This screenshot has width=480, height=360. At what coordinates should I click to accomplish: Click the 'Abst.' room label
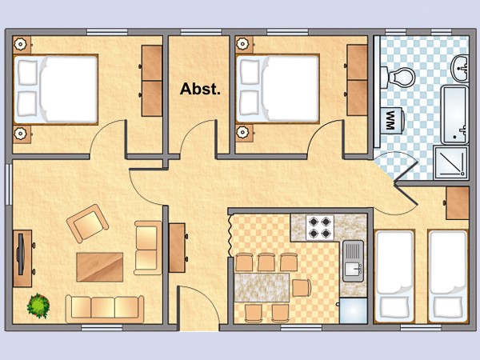click(x=200, y=89)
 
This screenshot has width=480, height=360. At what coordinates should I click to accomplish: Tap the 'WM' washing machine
click(x=393, y=120)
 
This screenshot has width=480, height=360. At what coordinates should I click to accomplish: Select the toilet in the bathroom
click(x=398, y=76)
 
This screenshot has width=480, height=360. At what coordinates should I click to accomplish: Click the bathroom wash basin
click(x=460, y=68)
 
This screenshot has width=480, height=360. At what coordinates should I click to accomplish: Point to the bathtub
click(x=454, y=114)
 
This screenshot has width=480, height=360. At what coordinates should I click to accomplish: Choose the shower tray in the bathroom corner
click(x=451, y=162)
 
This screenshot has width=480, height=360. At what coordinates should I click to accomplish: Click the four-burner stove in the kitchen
click(x=319, y=227)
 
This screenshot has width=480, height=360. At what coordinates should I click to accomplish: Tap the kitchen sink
click(x=353, y=261)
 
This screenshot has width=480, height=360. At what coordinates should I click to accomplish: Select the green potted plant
click(x=38, y=306)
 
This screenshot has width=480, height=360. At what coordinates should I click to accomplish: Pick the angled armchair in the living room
click(x=87, y=223)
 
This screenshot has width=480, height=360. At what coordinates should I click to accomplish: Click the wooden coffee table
click(x=100, y=267)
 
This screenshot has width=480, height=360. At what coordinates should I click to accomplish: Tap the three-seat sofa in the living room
click(x=105, y=309)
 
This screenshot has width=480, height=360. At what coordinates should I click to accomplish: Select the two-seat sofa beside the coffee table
click(x=148, y=248)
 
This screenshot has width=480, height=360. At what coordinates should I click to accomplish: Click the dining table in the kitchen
click(x=262, y=287)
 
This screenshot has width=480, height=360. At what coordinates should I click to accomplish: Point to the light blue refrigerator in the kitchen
click(x=354, y=310)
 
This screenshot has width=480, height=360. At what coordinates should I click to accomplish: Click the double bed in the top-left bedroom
click(x=55, y=90)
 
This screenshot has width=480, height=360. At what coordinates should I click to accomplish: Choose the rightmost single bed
click(x=448, y=276)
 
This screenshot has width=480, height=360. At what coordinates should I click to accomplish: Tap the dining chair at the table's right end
click(x=302, y=288)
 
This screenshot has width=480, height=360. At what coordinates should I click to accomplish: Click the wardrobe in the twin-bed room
click(x=458, y=203)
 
